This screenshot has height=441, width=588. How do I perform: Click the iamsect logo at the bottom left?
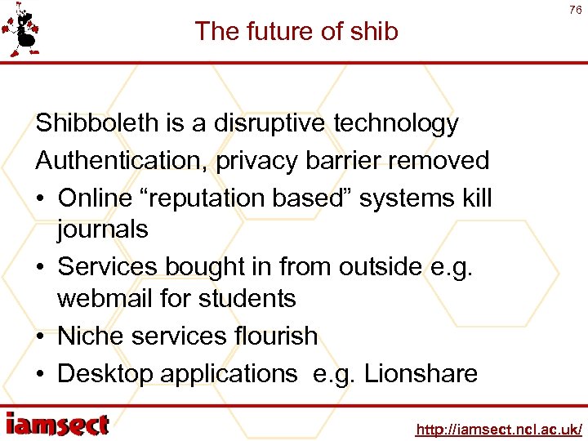[x=57, y=425]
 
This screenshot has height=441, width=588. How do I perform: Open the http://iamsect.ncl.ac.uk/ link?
[x=498, y=429]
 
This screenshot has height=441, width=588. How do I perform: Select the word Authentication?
[x=122, y=160]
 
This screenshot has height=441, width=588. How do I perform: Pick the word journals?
[x=103, y=229]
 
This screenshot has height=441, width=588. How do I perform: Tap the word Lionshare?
[x=421, y=373]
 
